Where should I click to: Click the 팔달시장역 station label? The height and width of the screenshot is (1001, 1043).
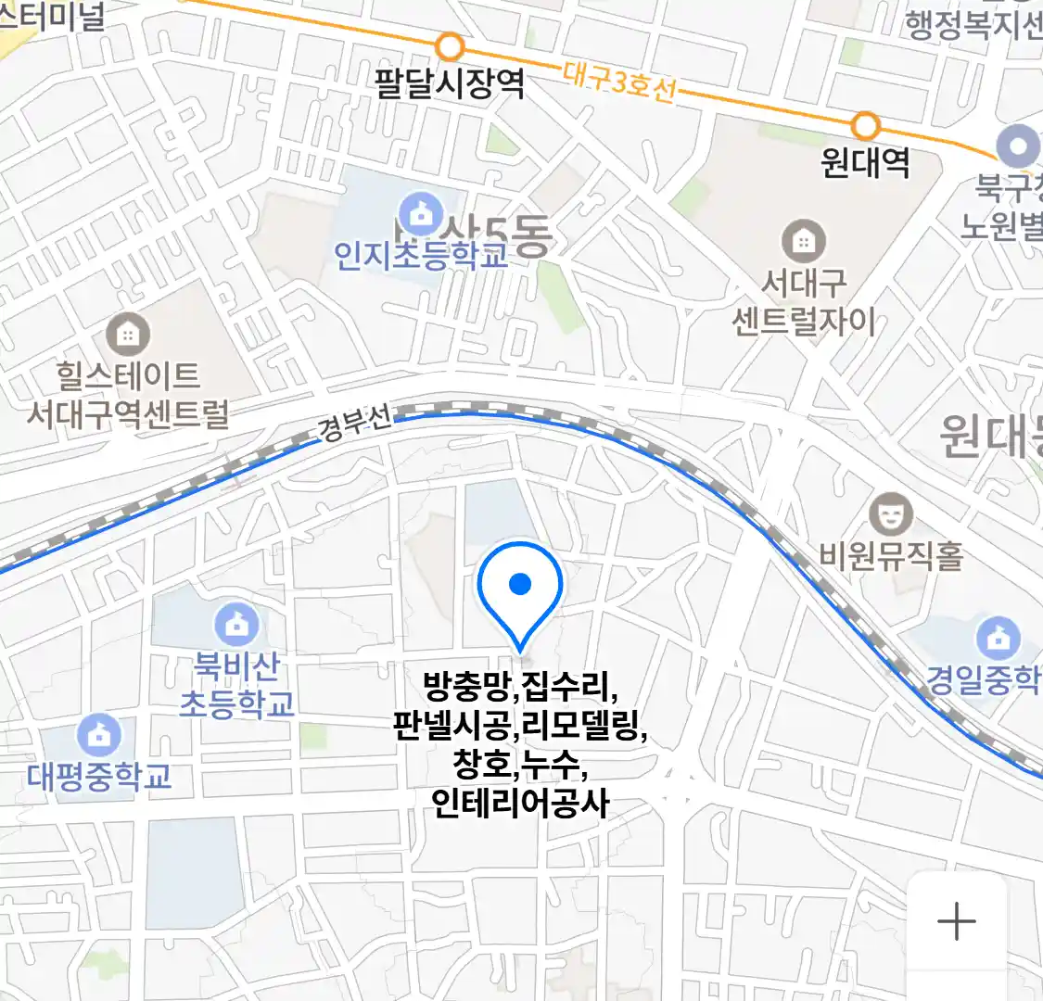coord(450,83)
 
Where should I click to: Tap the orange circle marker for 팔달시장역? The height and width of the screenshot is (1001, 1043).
coord(450,45)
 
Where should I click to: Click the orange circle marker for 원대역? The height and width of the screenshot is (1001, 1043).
coord(865,125)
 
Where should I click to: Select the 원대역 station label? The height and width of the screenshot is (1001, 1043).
coord(865,163)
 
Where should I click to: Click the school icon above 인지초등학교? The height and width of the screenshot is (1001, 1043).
coord(423,213)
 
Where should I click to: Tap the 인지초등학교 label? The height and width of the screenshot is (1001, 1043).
coord(422,254)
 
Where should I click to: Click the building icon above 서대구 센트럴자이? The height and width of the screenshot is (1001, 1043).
coord(803,241)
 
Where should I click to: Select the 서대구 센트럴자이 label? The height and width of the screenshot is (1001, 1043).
coord(804,302)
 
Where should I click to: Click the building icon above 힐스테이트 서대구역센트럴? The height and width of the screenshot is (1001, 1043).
coord(128,335)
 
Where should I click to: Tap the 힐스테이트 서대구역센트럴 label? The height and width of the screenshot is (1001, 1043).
coord(128,395)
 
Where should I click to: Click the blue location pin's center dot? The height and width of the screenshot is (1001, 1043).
coord(520,584)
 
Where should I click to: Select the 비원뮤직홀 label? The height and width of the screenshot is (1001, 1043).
coord(891,555)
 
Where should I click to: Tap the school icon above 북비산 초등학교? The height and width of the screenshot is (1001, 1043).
coord(236,626)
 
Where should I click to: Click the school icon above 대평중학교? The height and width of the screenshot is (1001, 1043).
coord(98,735)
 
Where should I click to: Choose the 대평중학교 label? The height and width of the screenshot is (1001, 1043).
coord(99,776)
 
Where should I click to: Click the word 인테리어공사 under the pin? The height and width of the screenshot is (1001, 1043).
coord(521,803)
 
